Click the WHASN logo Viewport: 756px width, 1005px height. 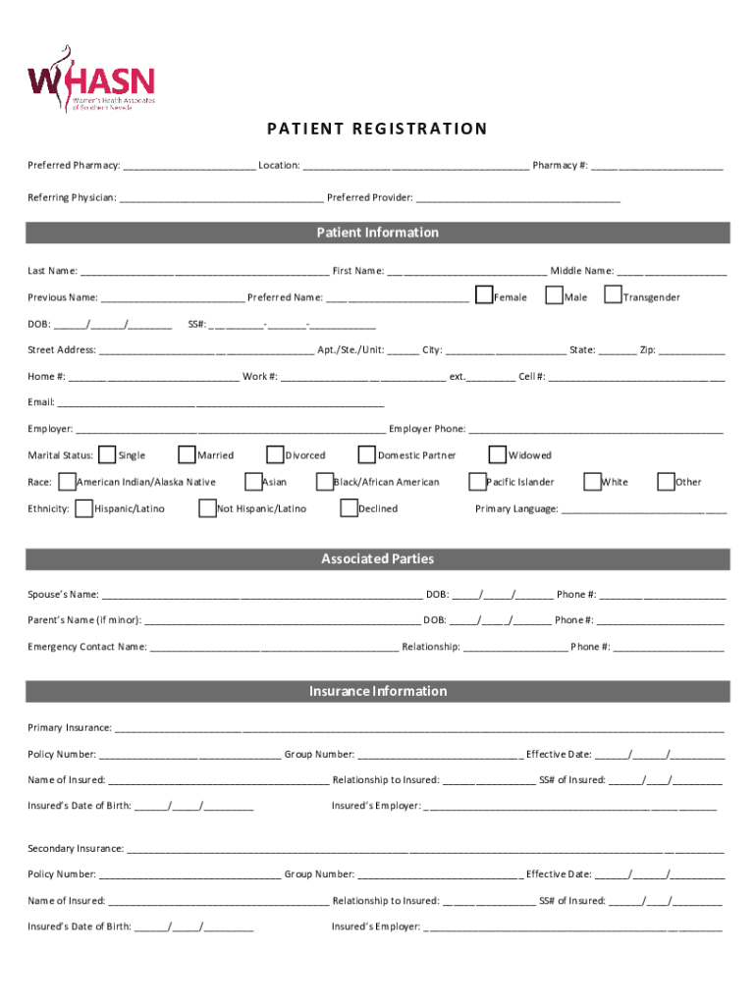[90, 79]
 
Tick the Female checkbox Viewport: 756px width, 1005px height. [484, 295]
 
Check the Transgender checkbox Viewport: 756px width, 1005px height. [613, 295]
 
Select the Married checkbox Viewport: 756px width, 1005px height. [187, 454]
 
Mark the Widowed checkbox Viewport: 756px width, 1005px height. [497, 454]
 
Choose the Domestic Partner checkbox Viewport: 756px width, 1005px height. [367, 454]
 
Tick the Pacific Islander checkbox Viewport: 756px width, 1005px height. [478, 481]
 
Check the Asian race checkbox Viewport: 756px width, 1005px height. [253, 481]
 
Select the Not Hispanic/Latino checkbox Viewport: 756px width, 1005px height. [207, 507]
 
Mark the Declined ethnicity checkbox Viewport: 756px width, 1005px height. [349, 507]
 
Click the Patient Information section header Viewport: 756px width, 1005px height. [378, 233]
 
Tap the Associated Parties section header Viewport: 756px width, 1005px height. [378, 559]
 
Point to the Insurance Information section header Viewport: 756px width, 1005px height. [378, 692]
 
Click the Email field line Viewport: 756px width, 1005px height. [221, 403]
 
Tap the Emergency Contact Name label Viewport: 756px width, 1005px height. [86, 647]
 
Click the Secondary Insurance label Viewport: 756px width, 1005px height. [76, 848]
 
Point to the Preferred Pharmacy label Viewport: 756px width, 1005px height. [74, 165]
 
